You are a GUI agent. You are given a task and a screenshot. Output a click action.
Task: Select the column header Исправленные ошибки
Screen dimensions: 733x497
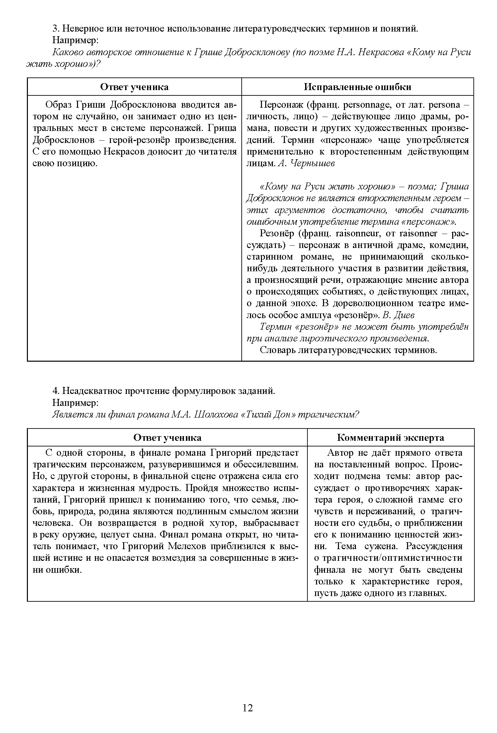point(358,87)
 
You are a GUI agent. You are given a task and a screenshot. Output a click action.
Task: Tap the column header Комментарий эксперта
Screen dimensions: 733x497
point(390,437)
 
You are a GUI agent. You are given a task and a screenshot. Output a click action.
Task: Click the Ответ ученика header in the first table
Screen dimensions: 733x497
point(134,87)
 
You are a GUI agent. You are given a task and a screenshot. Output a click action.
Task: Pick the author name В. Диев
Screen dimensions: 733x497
point(399,315)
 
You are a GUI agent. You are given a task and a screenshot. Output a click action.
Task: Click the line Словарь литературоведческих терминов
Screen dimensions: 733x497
point(348,350)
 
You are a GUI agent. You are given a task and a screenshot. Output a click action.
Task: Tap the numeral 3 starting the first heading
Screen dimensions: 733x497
point(55,29)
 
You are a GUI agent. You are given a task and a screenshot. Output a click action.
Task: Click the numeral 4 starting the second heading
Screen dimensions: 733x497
point(55,391)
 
